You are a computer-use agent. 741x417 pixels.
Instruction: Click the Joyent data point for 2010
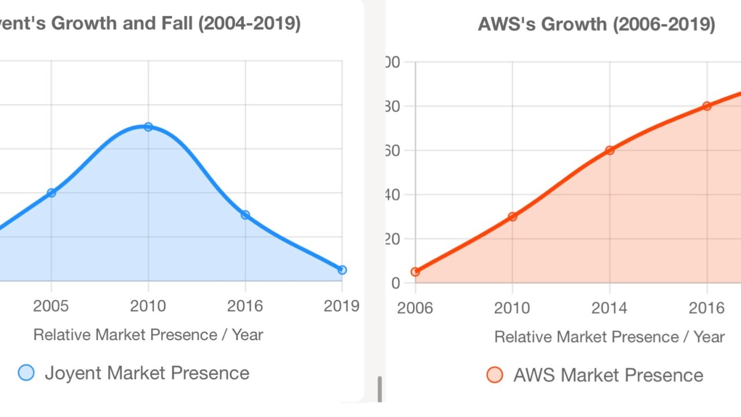148,127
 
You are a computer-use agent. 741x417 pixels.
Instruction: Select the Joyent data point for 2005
52,193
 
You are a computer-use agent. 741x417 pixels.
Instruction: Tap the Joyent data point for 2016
245,215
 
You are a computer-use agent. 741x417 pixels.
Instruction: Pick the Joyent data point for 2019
342,270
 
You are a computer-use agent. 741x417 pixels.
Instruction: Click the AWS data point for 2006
415,272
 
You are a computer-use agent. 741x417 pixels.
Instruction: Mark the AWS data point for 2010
512,217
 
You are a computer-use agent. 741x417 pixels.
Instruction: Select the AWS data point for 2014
609,151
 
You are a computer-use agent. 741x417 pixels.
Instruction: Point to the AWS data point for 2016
707,106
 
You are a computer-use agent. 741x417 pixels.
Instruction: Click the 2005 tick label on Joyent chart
52,306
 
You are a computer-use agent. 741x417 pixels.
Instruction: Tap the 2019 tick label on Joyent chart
341,306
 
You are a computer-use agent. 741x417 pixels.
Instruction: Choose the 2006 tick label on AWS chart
415,308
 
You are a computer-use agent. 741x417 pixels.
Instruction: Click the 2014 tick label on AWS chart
609,308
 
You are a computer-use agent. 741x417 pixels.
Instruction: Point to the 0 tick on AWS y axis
396,283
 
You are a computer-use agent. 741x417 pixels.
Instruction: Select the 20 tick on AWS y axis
393,239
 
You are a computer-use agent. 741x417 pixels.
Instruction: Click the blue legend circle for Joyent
26,373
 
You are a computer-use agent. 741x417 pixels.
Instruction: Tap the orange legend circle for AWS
495,375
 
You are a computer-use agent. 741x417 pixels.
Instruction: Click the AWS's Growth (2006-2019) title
596,25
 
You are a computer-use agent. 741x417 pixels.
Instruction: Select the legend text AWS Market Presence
608,375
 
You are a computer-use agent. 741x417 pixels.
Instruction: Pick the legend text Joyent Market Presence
147,373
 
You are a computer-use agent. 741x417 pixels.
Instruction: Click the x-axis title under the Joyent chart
148,335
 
